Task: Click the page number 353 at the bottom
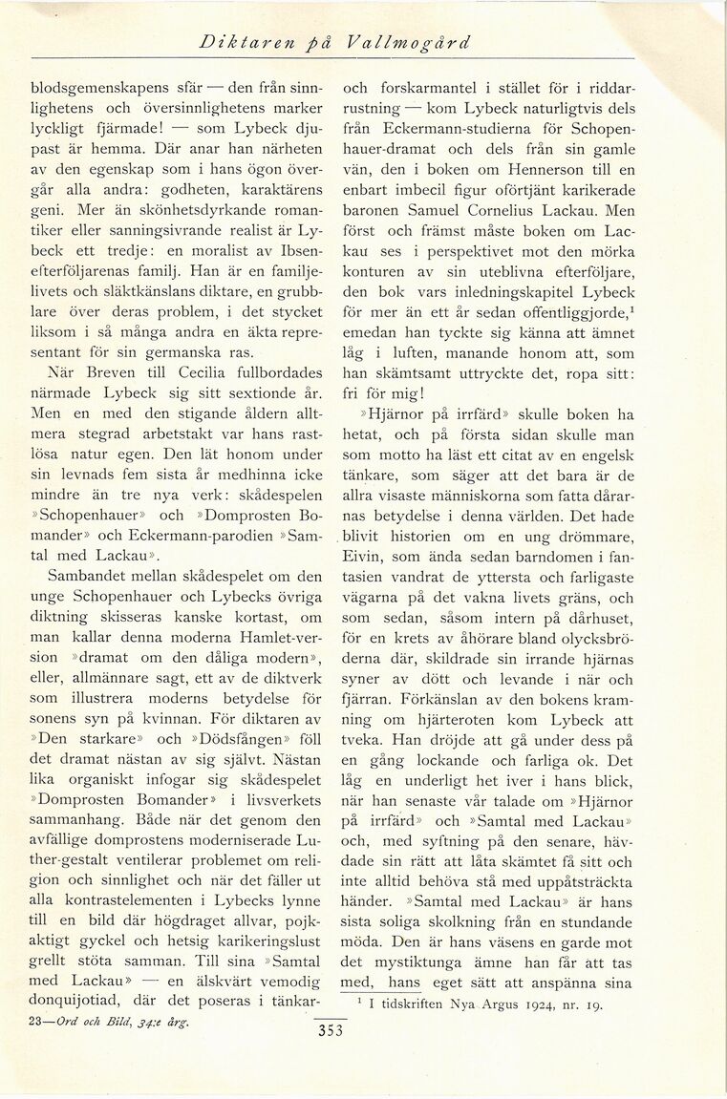(327, 1038)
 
